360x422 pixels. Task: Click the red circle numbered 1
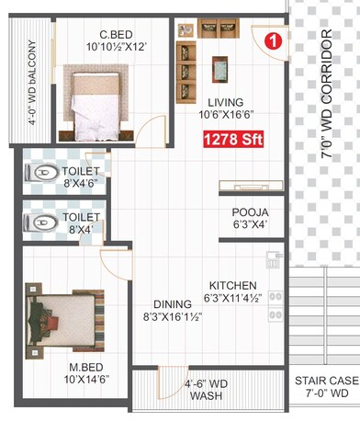[271, 40]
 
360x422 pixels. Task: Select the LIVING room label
[225, 102]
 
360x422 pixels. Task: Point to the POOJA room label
[249, 211]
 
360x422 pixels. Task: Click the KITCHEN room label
[232, 285]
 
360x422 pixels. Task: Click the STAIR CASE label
[326, 381]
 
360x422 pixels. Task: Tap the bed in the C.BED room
[91, 98]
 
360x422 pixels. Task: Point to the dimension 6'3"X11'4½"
[232, 298]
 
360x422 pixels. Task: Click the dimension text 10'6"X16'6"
[226, 115]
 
